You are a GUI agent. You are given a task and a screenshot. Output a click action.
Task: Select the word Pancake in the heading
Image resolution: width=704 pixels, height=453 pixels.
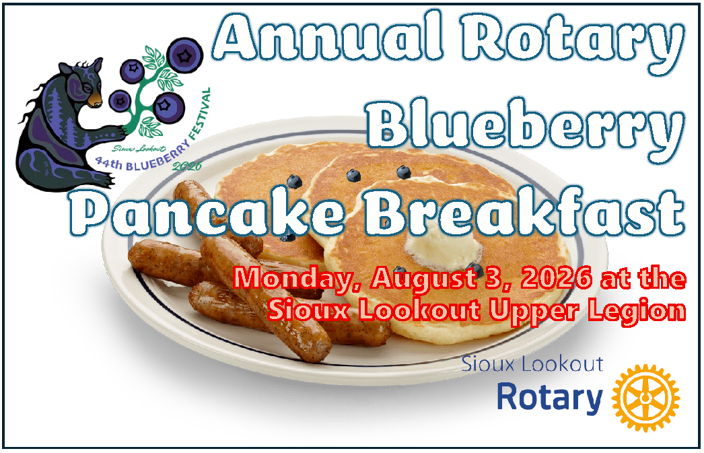point(207,211)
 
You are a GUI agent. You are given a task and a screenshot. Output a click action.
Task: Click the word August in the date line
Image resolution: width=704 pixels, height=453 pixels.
point(424,279)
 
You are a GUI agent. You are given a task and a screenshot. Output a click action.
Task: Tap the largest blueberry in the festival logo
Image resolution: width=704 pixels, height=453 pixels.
point(184,55)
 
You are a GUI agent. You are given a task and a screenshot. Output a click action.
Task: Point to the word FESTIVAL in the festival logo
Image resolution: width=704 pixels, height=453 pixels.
point(198,114)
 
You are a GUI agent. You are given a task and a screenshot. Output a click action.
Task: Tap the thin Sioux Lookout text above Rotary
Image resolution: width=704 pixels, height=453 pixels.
point(532,364)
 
